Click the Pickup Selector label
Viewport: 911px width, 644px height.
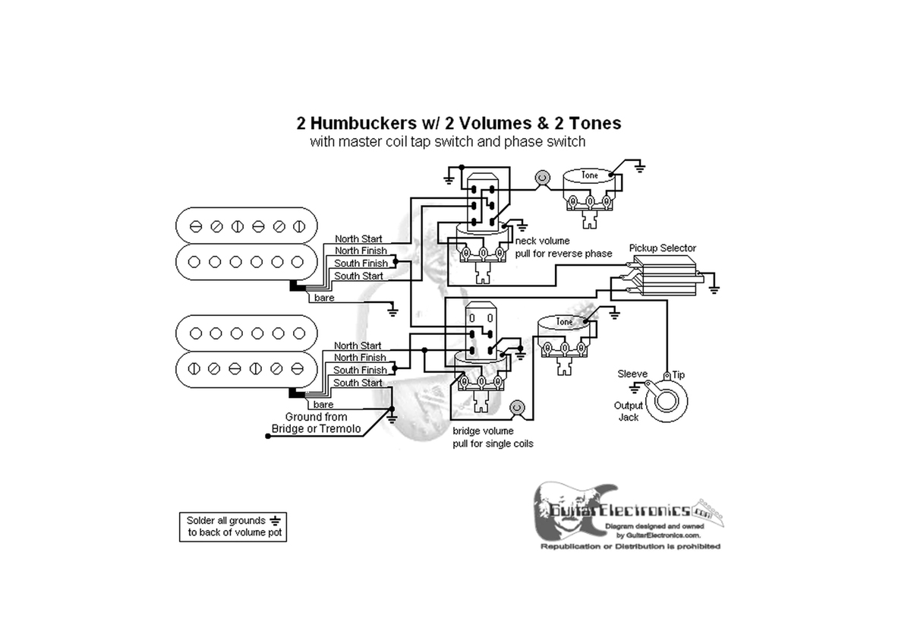[662, 248]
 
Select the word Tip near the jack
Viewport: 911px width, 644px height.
[678, 375]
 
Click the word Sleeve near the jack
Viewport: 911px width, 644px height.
[632, 374]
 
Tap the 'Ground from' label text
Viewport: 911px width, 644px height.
[316, 417]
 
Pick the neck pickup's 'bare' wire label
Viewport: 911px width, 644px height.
[324, 298]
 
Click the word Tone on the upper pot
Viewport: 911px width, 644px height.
[590, 175]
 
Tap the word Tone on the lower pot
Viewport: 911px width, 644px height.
[565, 322]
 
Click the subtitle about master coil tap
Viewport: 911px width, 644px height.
[448, 142]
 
